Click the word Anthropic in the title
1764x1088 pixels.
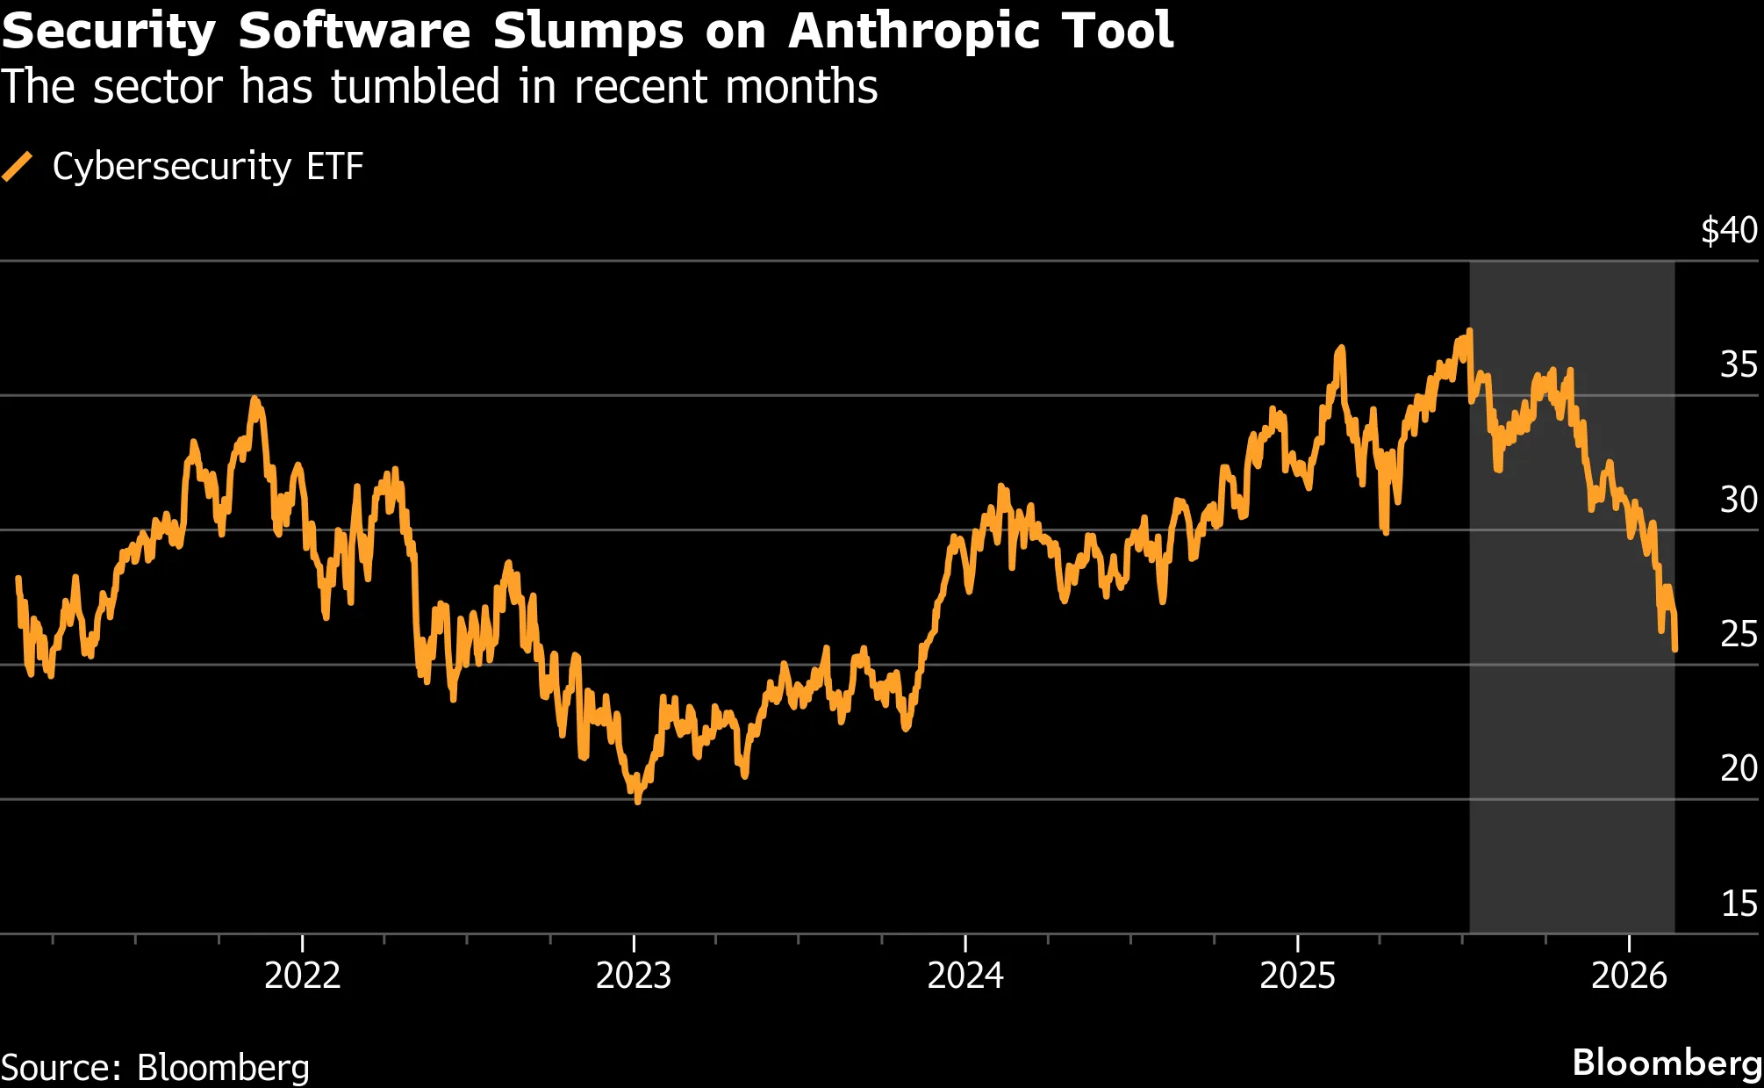coord(914,32)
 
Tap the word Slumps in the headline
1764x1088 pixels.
coord(587,32)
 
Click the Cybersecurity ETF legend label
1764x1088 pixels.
coord(208,166)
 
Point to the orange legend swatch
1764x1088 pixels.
coord(18,166)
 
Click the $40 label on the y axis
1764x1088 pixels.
coord(1728,230)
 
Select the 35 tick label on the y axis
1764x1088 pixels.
coord(1738,364)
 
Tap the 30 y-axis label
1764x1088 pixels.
coord(1738,500)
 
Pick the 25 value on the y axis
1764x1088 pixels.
coord(1738,634)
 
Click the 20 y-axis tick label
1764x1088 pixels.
coord(1738,768)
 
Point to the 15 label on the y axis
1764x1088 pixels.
coord(1738,904)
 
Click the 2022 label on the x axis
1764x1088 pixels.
coord(302,976)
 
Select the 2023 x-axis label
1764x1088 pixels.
coord(634,976)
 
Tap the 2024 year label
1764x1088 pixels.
coord(965,976)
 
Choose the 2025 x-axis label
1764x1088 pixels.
coord(1297,976)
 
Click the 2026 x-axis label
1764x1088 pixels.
coord(1629,976)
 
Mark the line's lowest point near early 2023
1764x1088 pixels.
coord(638,801)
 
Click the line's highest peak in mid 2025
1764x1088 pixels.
coord(1469,331)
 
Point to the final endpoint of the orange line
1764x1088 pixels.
coord(1675,649)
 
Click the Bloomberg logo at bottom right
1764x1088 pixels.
coord(1667,1063)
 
